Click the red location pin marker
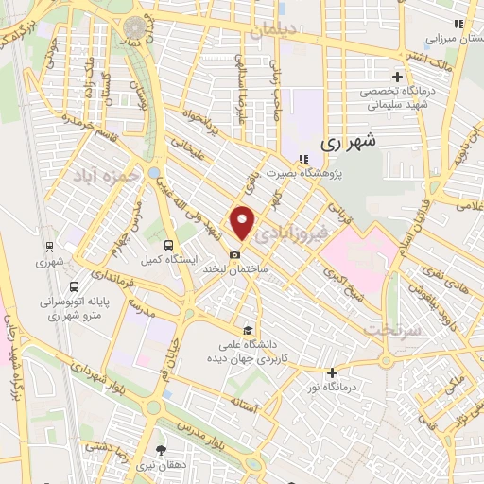(x=243, y=222)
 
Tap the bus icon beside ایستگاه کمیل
(x=168, y=244)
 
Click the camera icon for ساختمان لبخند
(x=234, y=254)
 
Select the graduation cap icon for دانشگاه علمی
(x=247, y=330)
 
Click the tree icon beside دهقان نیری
(x=162, y=450)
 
